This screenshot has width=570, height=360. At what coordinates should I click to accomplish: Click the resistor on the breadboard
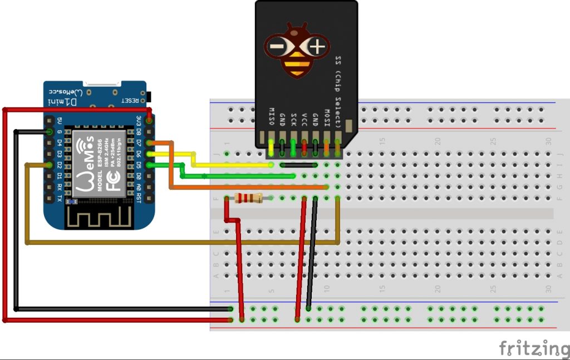tap(249, 198)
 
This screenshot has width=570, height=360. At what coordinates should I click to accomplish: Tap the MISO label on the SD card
tap(272, 116)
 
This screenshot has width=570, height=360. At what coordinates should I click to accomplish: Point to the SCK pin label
tap(293, 119)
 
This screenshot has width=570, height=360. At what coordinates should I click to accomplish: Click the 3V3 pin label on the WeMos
tap(138, 120)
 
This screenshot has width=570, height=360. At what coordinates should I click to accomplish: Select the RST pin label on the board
tap(138, 198)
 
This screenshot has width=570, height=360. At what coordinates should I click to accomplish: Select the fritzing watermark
tap(533, 348)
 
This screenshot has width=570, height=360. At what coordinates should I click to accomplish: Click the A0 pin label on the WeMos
tap(138, 186)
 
